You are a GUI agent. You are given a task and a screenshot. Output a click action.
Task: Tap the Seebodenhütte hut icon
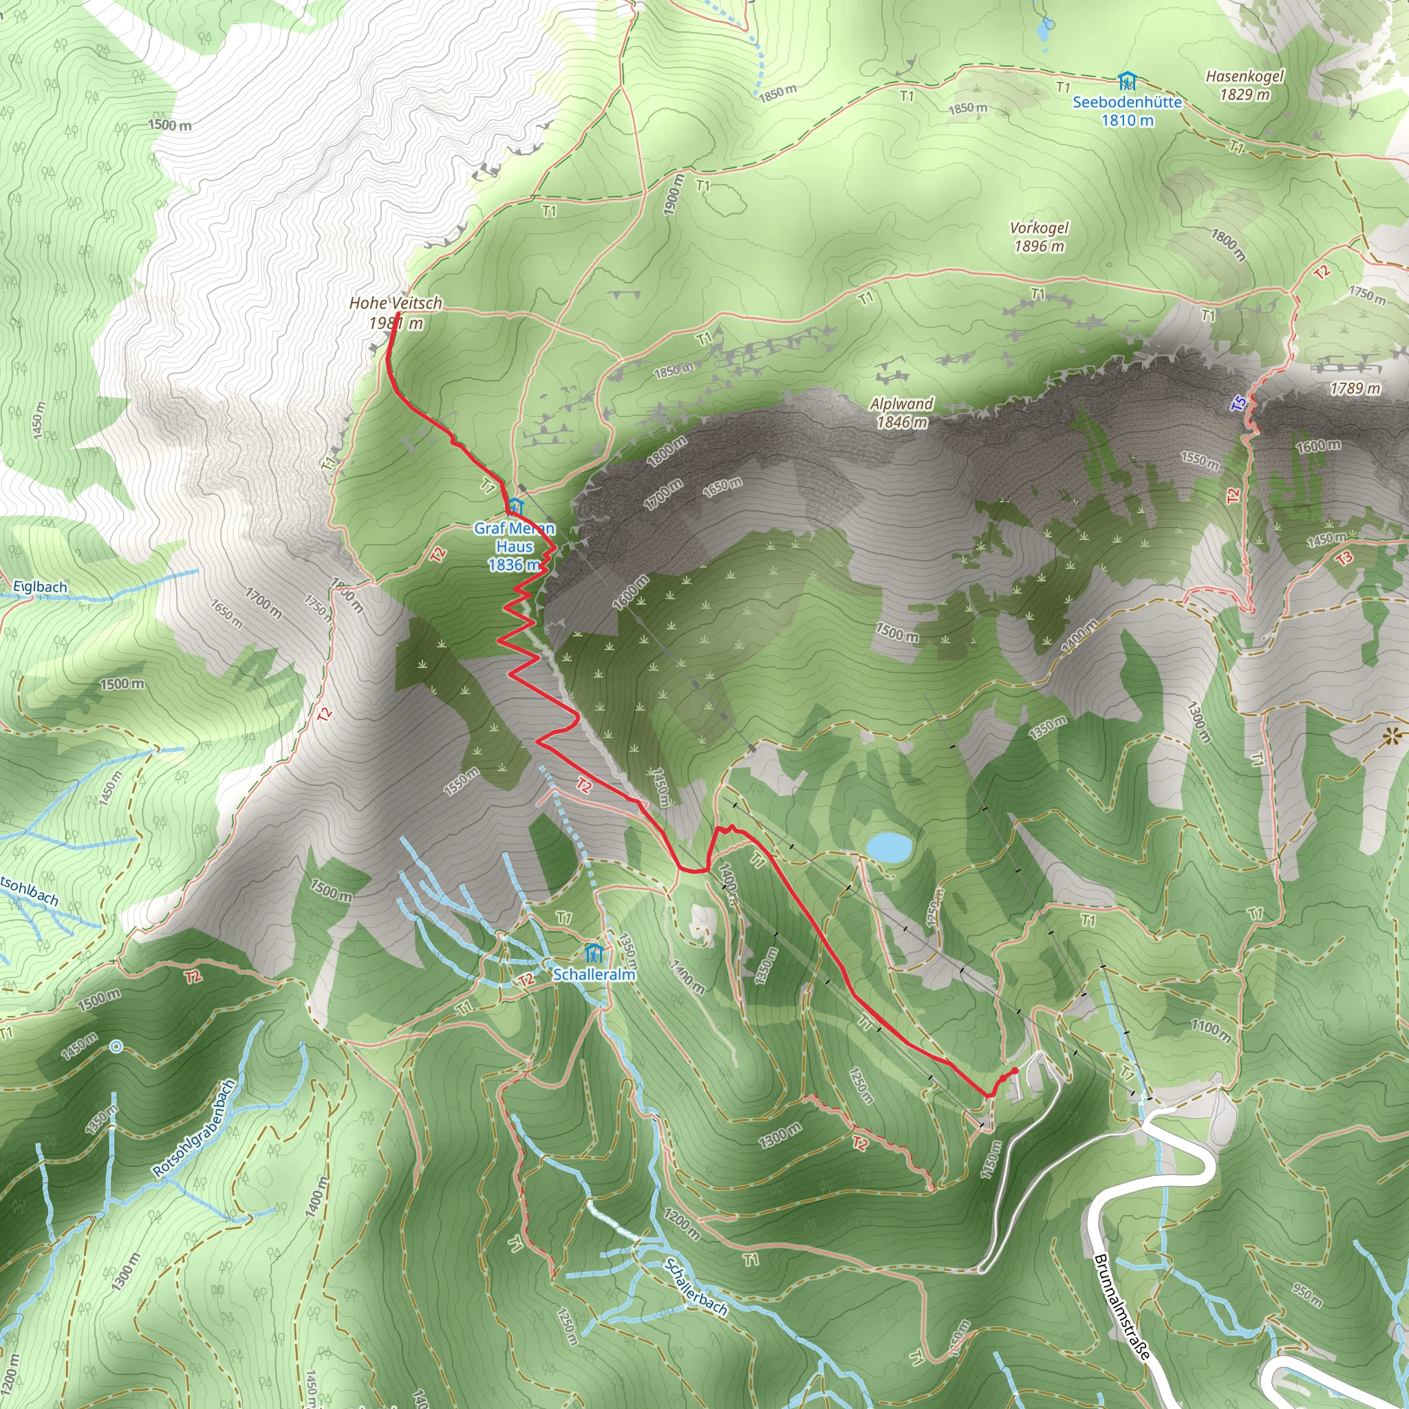1127,80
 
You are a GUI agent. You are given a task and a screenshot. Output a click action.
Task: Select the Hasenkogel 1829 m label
1244,85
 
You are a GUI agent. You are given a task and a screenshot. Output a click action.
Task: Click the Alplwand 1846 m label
902,412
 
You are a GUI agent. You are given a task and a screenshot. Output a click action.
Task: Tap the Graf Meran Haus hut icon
515,506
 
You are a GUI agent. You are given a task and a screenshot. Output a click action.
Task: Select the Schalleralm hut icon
594,952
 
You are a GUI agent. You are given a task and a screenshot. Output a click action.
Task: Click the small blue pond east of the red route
888,848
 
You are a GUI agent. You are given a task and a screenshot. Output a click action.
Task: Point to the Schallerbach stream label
696,1287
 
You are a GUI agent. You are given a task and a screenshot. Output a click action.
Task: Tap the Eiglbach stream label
40,587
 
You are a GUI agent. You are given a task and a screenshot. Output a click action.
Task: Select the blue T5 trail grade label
1238,402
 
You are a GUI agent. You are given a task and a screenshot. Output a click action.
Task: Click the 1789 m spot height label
1355,388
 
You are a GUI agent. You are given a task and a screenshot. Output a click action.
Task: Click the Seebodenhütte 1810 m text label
1127,111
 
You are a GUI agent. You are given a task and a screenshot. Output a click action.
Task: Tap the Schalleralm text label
594,974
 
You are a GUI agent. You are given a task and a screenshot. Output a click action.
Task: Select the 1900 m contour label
674,195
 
